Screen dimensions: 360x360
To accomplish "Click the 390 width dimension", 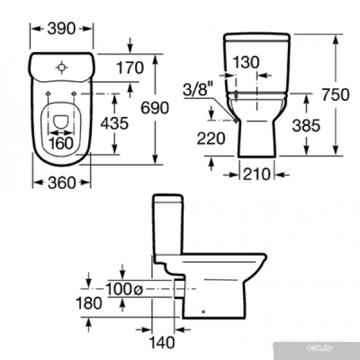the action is (x=61, y=29).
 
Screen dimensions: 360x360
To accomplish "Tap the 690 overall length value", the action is (x=155, y=108).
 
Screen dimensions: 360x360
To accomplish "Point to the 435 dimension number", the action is (x=114, y=123).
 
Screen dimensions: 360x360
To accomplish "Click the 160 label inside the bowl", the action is (x=61, y=143).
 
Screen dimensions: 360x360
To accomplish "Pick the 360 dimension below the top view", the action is (x=62, y=183).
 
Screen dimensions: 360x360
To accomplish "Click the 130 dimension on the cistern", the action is (x=246, y=63).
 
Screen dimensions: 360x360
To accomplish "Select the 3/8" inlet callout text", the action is (x=195, y=89).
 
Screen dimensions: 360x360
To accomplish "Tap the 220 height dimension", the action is (x=211, y=139).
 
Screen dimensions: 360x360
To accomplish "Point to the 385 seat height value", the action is (x=306, y=126).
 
